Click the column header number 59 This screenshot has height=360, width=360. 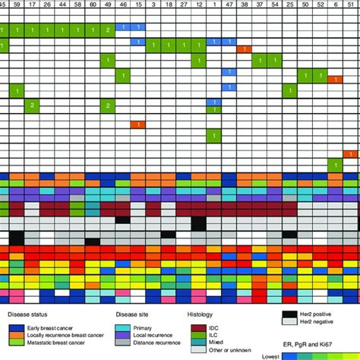(x=16, y=5)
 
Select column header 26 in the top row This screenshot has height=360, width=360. (x=47, y=5)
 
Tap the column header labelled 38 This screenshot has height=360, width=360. (x=244, y=5)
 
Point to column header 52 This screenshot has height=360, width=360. (x=320, y=5)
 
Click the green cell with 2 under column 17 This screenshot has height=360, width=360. (x=31, y=105)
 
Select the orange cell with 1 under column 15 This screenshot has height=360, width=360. (x=137, y=124)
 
